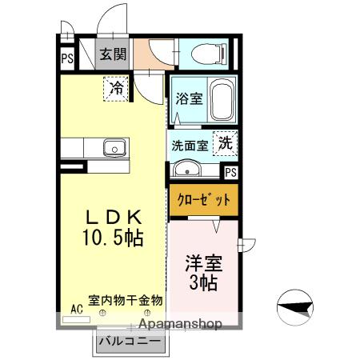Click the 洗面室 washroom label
tap(190, 146)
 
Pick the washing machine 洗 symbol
tap(226, 144)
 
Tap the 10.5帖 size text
tap(112, 238)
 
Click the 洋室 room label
tap(204, 263)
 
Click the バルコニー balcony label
tap(130, 341)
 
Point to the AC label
tap(77, 307)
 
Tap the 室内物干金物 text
tap(126, 301)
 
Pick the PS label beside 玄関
tap(67, 58)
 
